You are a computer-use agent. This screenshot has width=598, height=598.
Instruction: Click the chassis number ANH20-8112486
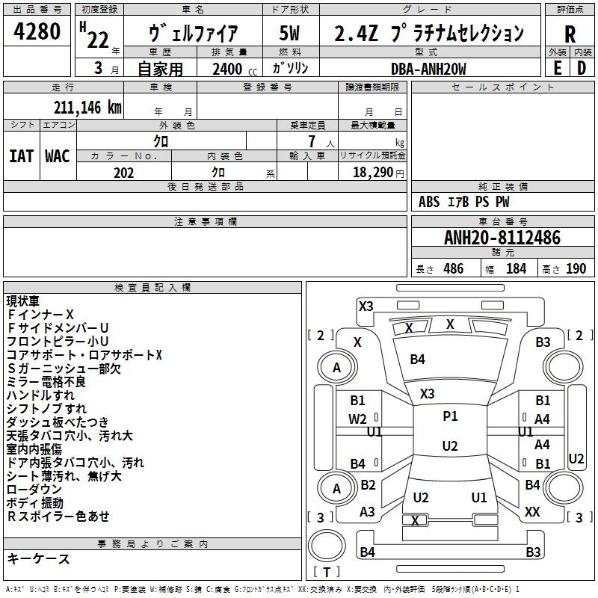[502, 238]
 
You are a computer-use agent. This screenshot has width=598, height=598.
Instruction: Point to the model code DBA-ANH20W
[429, 68]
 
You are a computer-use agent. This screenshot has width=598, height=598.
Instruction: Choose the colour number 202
[124, 173]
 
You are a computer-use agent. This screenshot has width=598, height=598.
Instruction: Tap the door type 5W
[290, 34]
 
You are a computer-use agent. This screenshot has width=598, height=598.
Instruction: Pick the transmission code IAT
[21, 155]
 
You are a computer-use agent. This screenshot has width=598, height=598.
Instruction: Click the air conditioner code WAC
[57, 155]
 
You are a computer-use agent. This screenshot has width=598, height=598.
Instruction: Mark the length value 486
[453, 268]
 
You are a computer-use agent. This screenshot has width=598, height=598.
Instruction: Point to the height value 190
[576, 268]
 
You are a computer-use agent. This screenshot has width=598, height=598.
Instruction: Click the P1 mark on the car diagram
[450, 416]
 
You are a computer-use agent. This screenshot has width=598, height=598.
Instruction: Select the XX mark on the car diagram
[532, 512]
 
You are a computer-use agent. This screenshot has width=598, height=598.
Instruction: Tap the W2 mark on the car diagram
[358, 419]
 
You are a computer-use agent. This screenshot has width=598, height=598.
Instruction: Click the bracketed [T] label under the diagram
[327, 573]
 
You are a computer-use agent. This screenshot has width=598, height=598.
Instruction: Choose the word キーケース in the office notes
[38, 558]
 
